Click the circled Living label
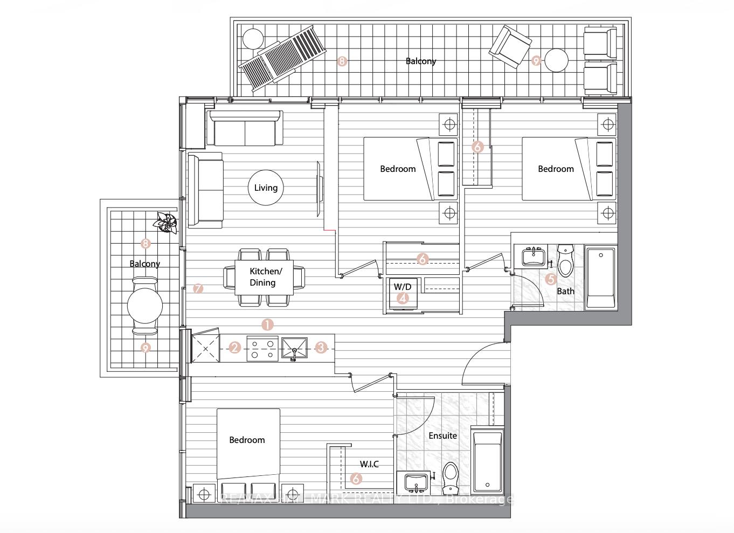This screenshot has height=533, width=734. point(266,188)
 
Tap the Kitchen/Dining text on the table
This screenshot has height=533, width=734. point(264,277)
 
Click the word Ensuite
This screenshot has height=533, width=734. point(442,435)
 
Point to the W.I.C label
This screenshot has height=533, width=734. point(369,464)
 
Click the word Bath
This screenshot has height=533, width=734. point(565,291)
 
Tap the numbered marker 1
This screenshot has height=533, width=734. point(267,324)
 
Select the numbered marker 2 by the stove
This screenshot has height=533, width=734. point(234,348)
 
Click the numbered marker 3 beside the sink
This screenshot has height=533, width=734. point(321,348)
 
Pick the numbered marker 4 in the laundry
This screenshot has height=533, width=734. point(403,297)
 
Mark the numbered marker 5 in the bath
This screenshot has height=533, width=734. point(550,279)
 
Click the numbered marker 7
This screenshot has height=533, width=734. point(198,289)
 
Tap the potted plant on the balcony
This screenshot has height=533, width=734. point(165,222)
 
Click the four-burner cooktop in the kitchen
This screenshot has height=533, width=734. point(262,348)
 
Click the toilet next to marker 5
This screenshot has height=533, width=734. point(565,260)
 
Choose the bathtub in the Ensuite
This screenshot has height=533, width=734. point(487,461)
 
